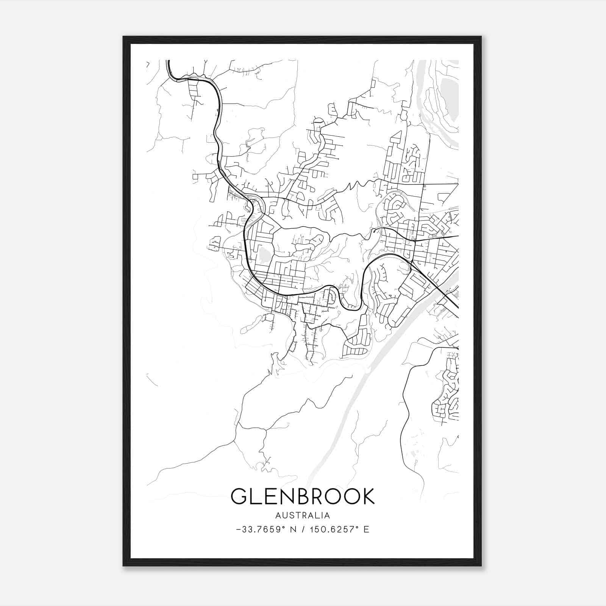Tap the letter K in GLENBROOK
click(x=367, y=496)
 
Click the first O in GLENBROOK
click(x=334, y=496)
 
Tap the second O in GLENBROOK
click(x=351, y=496)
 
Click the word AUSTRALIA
click(x=303, y=515)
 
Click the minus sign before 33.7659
click(x=238, y=529)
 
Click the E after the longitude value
click(x=366, y=529)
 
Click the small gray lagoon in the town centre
click(x=264, y=255)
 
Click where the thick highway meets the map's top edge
click(x=168, y=61)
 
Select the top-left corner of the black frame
click(x=124, y=37)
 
